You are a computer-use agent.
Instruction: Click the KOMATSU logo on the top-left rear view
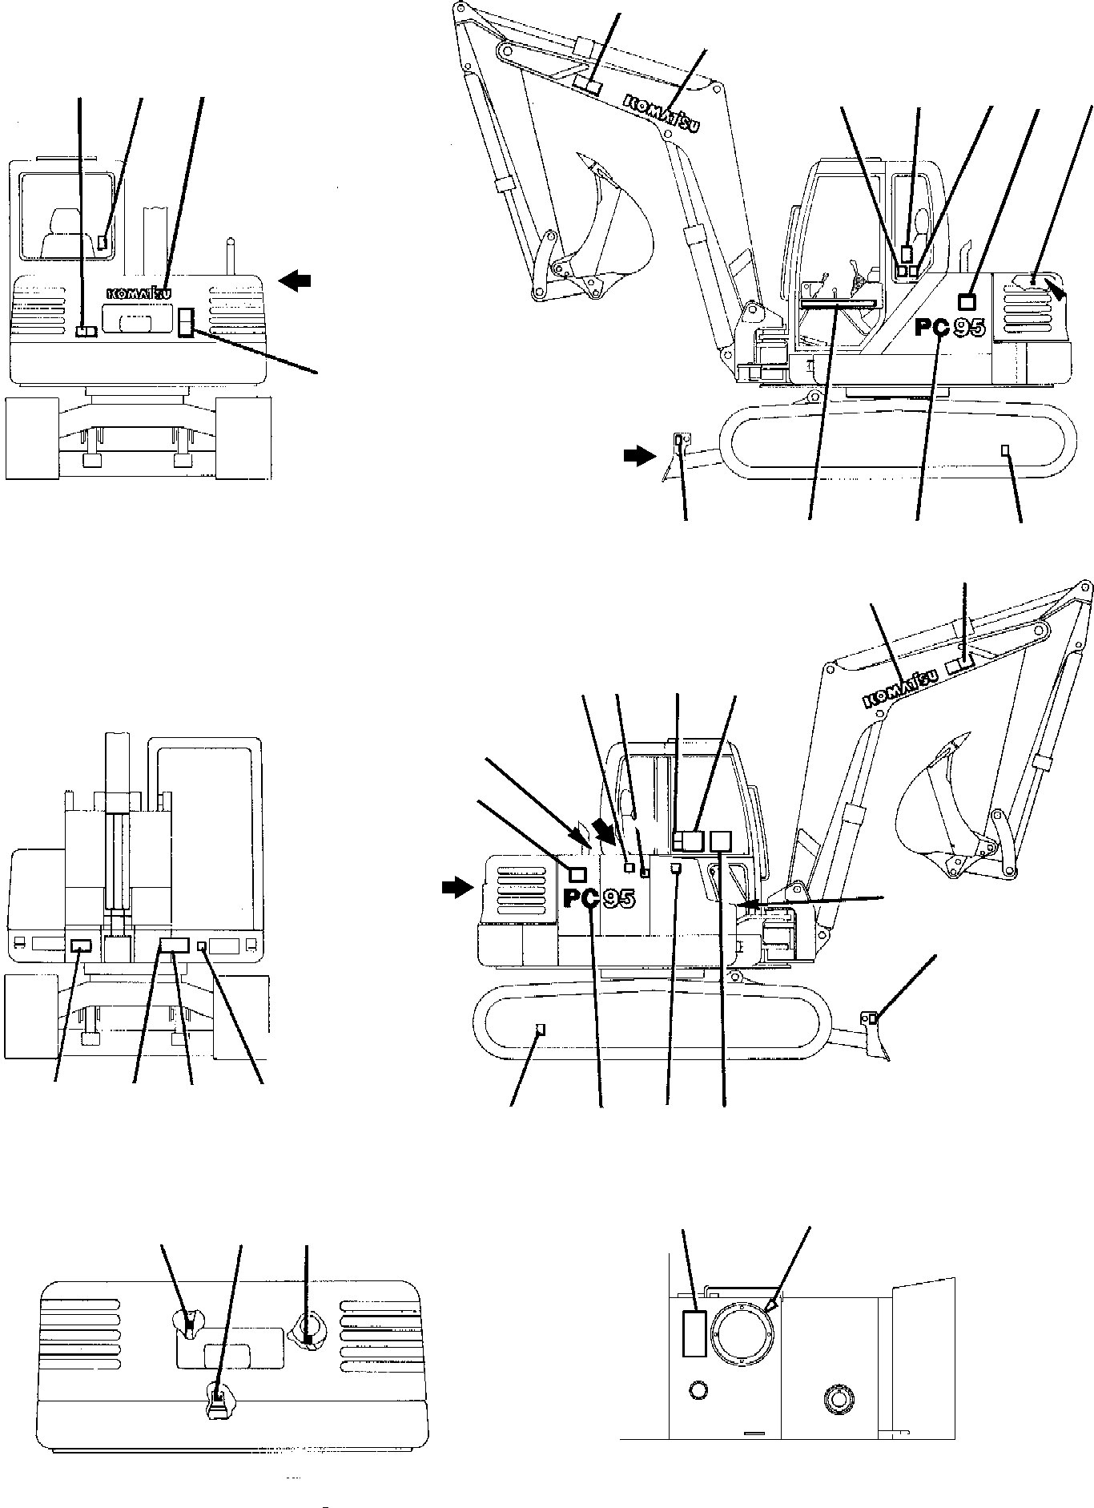[x=138, y=294]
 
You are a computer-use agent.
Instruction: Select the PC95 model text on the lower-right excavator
[x=599, y=899]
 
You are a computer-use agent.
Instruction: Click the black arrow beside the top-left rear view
[x=295, y=280]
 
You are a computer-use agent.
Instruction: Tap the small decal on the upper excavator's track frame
[x=1005, y=450]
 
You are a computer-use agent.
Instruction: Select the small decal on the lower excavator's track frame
[x=540, y=1029]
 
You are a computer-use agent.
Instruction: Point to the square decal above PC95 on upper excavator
[x=967, y=300]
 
